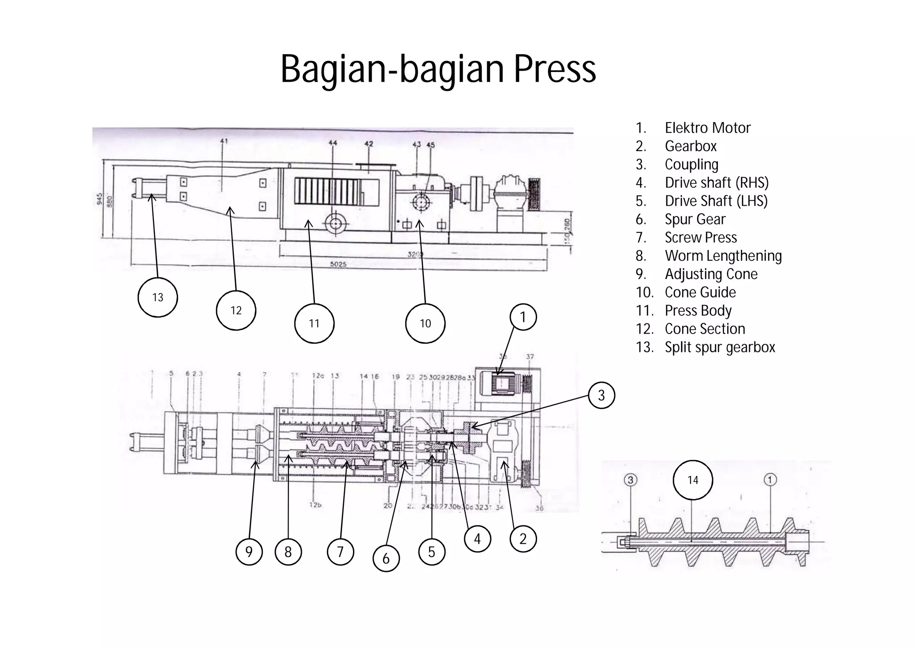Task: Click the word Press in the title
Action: [x=555, y=69]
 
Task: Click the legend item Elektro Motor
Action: [x=707, y=128]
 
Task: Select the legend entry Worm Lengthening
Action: [x=723, y=256]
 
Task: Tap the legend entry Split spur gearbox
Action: [x=719, y=347]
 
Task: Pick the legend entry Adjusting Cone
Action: [x=711, y=274]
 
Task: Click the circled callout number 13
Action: [x=157, y=297]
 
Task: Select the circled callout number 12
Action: [x=236, y=310]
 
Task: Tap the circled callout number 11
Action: [x=314, y=323]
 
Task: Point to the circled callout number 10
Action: [x=425, y=323]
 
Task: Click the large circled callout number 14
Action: [x=692, y=480]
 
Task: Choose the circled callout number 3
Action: [x=601, y=395]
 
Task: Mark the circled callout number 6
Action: [x=386, y=558]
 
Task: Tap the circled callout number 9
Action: [x=249, y=552]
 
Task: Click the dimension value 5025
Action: [x=338, y=264]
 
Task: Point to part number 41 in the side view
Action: [x=224, y=141]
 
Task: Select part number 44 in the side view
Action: [x=333, y=143]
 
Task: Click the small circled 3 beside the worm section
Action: [x=630, y=480]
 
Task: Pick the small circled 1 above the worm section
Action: [x=770, y=480]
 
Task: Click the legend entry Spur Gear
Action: [x=695, y=219]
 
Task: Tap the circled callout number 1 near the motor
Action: [x=522, y=317]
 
